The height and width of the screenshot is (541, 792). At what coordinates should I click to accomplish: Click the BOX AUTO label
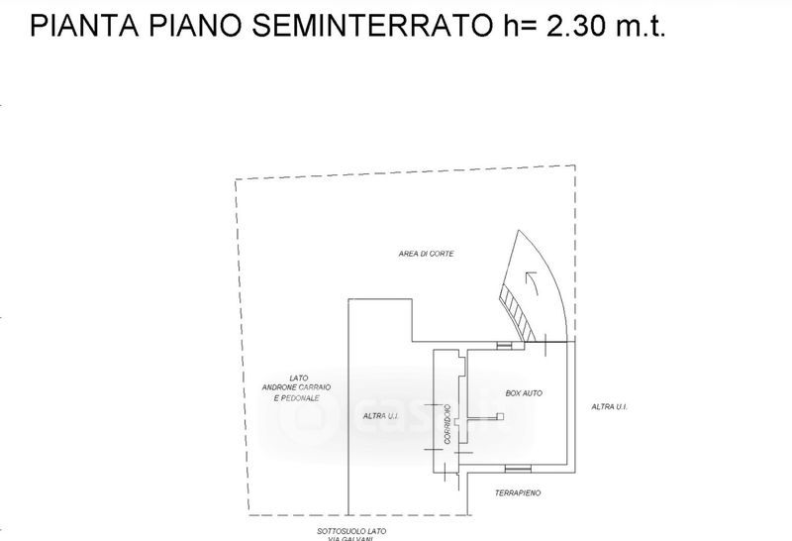coord(525,394)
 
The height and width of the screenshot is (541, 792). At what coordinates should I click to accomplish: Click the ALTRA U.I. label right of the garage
coord(610,407)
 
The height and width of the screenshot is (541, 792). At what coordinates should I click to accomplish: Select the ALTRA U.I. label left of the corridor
coord(381,415)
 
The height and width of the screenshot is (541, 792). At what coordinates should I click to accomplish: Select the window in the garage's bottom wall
coord(515,468)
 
